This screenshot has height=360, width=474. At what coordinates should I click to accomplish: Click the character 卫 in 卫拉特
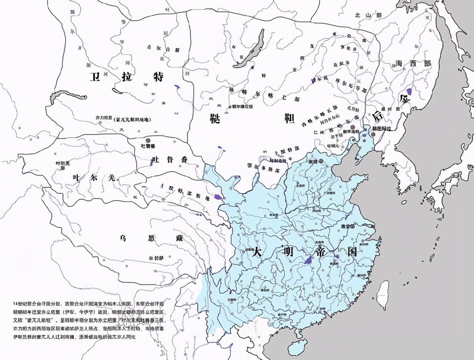coord(96,77)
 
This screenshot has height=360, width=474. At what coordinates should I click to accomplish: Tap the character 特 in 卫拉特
coord(158,77)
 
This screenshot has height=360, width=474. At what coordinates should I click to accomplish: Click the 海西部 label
coord(413,63)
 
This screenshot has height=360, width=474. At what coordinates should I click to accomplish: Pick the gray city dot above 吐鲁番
coord(148,140)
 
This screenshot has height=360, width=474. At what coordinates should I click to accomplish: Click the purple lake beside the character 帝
coord(309,260)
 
